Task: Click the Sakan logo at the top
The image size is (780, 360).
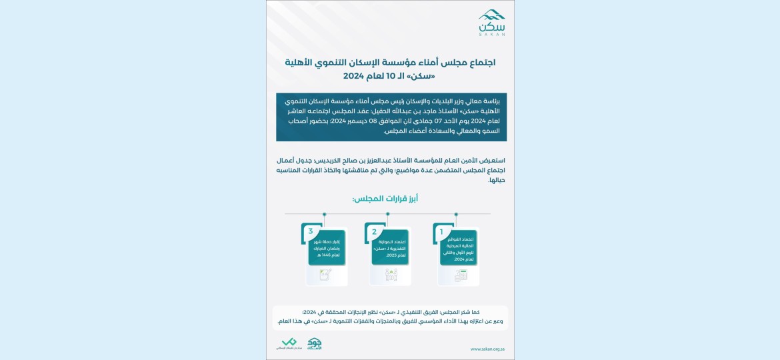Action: pyautogui.click(x=491, y=22)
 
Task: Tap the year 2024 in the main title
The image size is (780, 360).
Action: pyautogui.click(x=357, y=75)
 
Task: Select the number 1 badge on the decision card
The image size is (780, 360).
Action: pyautogui.click(x=441, y=232)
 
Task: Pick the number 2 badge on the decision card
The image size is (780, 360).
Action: pyautogui.click(x=374, y=232)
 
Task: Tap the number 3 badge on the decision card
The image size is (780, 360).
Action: pyautogui.click(x=311, y=231)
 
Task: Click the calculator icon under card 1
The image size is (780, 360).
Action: pyautogui.click(x=461, y=275)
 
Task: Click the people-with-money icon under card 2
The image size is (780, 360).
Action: pyautogui.click(x=391, y=274)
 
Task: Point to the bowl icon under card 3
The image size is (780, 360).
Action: pyautogui.click(x=325, y=274)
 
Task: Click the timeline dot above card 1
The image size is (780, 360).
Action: pyautogui.click(x=456, y=214)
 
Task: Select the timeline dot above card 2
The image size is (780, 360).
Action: pyautogui.click(x=387, y=214)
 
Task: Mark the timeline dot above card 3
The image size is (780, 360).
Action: pyautogui.click(x=324, y=214)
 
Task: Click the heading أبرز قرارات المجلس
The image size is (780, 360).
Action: pyautogui.click(x=385, y=199)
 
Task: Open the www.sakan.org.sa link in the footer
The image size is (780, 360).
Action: pyautogui.click(x=487, y=349)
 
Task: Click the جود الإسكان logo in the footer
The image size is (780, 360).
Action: pyautogui.click(x=315, y=344)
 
